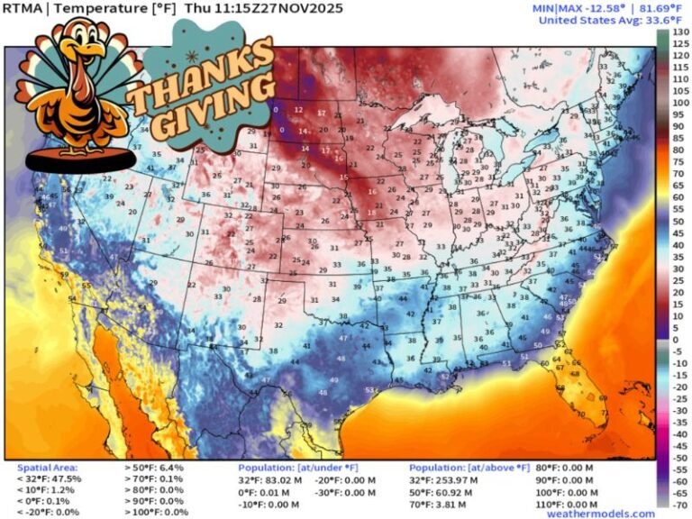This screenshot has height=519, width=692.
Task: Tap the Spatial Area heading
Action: click(x=47, y=469)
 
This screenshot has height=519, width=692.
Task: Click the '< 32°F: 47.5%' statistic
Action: click(x=50, y=479)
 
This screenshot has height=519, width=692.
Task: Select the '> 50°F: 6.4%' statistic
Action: click(x=153, y=469)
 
